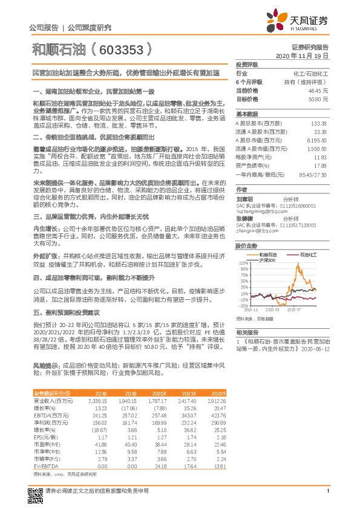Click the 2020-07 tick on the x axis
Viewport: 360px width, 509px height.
tap(294, 308)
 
